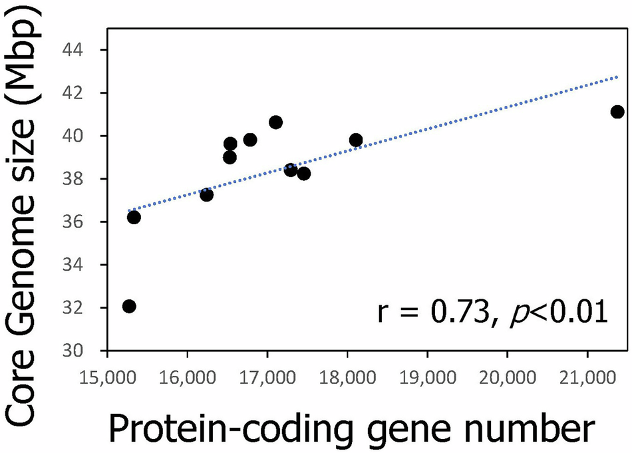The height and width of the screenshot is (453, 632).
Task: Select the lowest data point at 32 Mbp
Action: [129, 306]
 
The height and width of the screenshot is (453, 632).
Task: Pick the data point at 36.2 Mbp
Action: [134, 217]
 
